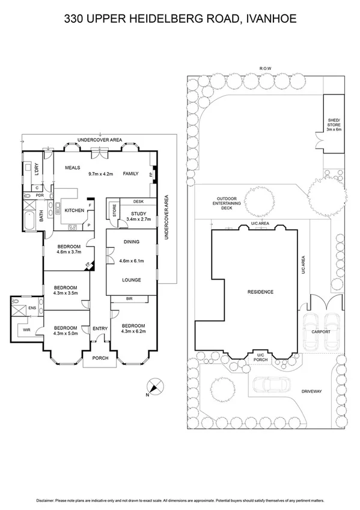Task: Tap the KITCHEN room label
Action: point(74,210)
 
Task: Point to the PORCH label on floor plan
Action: point(99,360)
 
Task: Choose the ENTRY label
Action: point(99,328)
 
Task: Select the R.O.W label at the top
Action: point(265,69)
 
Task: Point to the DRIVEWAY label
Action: point(313,392)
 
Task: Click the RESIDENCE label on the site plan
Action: point(260,292)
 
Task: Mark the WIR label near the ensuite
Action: point(26,330)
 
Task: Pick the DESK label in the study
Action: point(138,201)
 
